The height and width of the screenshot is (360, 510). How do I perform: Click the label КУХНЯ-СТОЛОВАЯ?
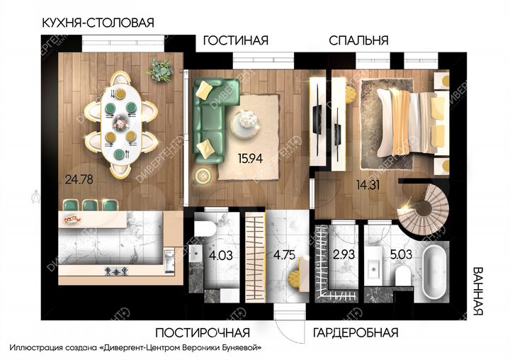(98, 22)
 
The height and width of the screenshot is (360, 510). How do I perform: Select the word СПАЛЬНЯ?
(358, 40)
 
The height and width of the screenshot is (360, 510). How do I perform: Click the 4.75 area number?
(283, 254)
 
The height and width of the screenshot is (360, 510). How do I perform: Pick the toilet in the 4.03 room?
(203, 228)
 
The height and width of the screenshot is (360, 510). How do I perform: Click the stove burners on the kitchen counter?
(116, 271)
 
